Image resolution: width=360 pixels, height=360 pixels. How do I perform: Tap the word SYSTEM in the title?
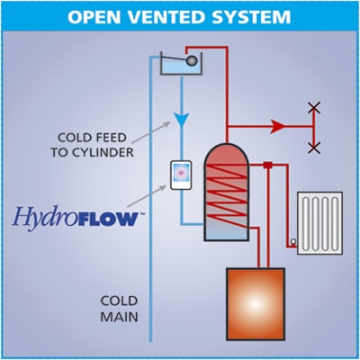tap(252, 17)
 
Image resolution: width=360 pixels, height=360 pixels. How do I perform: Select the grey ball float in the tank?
tap(192, 61)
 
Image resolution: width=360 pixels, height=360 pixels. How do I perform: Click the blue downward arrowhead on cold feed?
tap(182, 119)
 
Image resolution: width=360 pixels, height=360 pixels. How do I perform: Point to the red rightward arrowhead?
tap(277, 126)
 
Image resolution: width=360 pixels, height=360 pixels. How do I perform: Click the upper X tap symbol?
tap(314, 108)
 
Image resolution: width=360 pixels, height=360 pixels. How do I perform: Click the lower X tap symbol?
tap(314, 148)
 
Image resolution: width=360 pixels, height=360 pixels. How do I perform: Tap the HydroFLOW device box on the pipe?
tap(181, 175)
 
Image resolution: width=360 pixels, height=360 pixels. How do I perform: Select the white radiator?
tap(319, 223)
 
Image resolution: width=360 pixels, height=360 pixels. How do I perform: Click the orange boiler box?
tap(256, 304)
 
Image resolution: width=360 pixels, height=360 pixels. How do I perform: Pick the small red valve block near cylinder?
tap(268, 165)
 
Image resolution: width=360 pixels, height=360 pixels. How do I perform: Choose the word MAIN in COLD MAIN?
tap(119, 317)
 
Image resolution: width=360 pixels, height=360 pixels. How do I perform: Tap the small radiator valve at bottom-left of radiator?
tap(293, 241)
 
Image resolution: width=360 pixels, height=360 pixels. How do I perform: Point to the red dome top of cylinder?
tap(227, 154)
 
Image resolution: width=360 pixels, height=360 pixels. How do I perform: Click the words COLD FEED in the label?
tap(92, 138)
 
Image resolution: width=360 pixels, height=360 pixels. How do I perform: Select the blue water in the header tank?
tap(181, 69)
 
